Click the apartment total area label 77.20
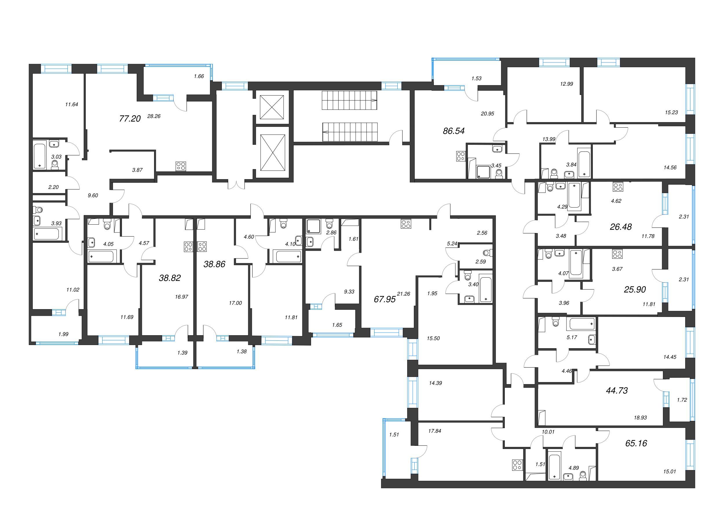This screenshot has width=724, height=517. pyautogui.click(x=130, y=119)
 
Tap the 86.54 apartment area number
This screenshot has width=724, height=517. pyautogui.click(x=453, y=131)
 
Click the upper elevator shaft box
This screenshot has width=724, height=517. pyautogui.click(x=272, y=107)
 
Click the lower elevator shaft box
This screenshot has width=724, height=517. pyautogui.click(x=272, y=153)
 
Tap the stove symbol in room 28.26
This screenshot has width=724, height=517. pyautogui.click(x=181, y=166)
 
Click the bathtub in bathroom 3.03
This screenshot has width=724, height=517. pyautogui.click(x=39, y=156)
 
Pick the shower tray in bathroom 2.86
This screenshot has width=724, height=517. pyautogui.click(x=313, y=226)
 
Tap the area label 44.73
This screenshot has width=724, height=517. pyautogui.click(x=616, y=390)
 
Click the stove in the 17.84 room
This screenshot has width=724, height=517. pyautogui.click(x=517, y=465)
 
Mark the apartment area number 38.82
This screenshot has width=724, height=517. pyautogui.click(x=169, y=278)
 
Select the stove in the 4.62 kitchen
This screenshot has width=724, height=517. pyautogui.click(x=618, y=187)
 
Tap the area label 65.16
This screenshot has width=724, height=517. pyautogui.click(x=636, y=443)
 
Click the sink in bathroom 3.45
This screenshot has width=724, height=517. pyautogui.click(x=497, y=149)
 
